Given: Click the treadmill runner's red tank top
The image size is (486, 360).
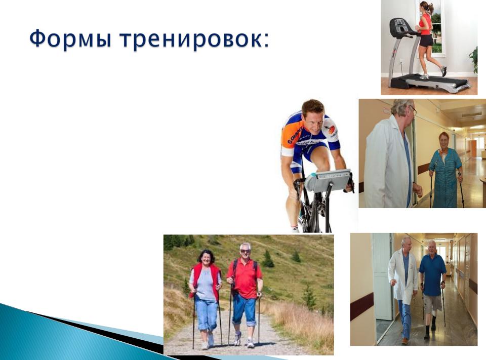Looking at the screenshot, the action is pyautogui.click(x=426, y=24).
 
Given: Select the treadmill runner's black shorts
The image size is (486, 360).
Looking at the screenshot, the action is pyautogui.click(x=426, y=41).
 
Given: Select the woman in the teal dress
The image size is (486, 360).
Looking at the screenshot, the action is pyautogui.click(x=445, y=171).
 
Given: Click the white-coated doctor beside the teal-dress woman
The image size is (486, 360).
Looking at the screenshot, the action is pyautogui.click(x=391, y=155).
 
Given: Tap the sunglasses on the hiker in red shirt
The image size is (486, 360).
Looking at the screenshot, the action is pyautogui.click(x=246, y=251).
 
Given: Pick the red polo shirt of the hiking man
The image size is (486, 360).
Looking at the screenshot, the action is pyautogui.click(x=245, y=278).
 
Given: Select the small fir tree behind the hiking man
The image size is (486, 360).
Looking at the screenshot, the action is pyautogui.click(x=268, y=259).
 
